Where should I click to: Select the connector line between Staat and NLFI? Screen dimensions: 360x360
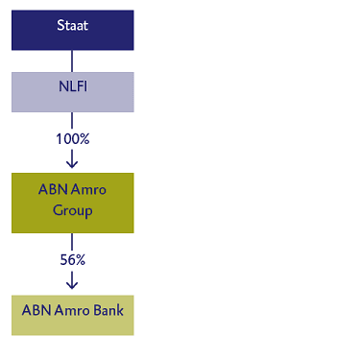tap(72, 60)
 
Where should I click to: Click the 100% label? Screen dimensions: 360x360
tap(72, 138)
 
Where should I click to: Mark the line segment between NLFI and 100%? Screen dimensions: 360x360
tap(72, 121)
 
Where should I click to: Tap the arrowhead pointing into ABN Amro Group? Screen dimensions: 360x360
tap(72, 163)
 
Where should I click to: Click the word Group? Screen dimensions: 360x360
tap(72, 210)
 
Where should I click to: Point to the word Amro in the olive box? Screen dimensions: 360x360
tap(87, 190)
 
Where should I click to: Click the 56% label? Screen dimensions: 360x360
tap(72, 259)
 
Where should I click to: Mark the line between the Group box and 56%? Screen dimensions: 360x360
tap(72, 242)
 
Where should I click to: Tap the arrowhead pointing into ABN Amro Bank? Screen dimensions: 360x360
tap(72, 284)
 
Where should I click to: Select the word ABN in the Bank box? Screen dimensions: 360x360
tap(36, 310)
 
